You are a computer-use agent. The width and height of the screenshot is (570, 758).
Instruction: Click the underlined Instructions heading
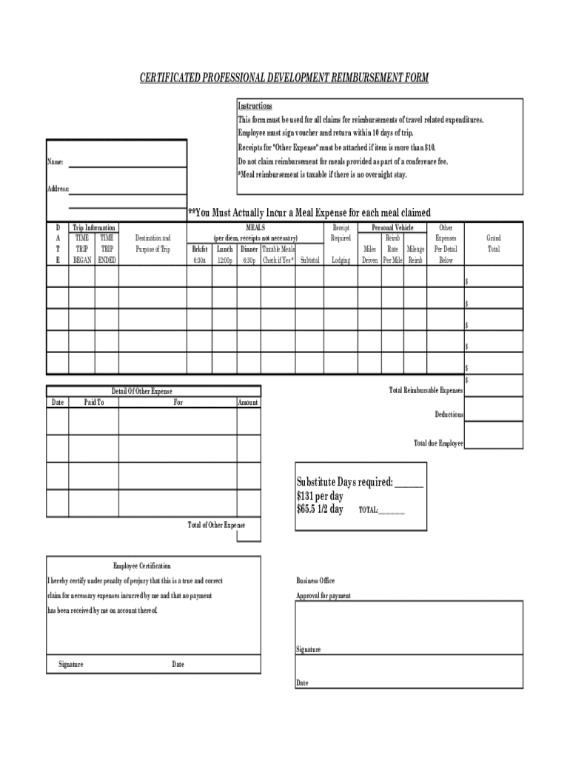[255, 106]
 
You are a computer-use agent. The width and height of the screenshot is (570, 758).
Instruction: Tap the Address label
[58, 189]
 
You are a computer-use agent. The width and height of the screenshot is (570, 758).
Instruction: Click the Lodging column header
[341, 261]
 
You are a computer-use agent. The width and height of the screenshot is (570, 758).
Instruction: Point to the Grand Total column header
[493, 244]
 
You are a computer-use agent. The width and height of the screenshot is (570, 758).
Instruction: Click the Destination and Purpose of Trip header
[152, 244]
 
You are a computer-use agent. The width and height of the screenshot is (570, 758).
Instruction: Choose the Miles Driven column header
[369, 255]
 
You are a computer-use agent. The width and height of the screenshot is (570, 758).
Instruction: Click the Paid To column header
[94, 402]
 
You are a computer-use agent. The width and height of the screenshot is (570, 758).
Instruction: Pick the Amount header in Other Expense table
[248, 402]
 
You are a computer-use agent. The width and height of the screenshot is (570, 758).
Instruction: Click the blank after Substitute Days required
[409, 483]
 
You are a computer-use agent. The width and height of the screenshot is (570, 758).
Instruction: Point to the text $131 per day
[320, 497]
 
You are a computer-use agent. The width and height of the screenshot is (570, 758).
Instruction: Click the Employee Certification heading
[141, 566]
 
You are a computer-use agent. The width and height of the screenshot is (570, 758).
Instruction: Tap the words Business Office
[315, 581]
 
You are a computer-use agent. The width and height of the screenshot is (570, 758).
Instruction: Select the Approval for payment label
[323, 596]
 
